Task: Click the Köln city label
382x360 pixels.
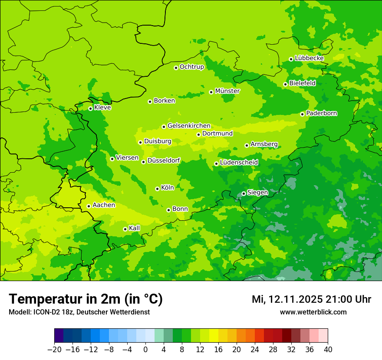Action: click(x=167, y=188)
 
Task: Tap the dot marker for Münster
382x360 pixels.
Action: click(x=211, y=92)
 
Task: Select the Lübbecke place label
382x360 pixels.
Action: click(x=309, y=58)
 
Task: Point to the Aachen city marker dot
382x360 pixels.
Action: click(x=89, y=206)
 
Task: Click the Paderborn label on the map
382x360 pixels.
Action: click(x=321, y=113)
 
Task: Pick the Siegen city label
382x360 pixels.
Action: click(x=257, y=193)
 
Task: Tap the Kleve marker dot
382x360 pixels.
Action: click(x=90, y=108)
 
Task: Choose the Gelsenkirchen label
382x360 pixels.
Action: click(x=189, y=126)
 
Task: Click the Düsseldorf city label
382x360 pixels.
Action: click(x=164, y=160)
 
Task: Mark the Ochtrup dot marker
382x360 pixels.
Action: click(x=176, y=68)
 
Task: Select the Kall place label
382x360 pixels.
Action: click(x=134, y=228)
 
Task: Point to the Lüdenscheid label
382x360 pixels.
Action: click(x=239, y=163)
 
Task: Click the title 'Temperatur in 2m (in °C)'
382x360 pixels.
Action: click(x=86, y=299)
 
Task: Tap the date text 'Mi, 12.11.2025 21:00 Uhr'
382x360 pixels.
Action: click(x=311, y=299)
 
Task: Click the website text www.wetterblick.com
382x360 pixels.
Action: click(x=313, y=312)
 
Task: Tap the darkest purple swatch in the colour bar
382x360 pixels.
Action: click(x=59, y=336)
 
